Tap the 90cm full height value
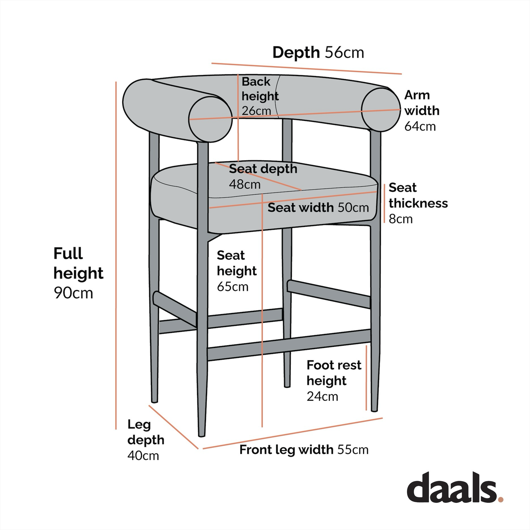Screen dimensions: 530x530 click(73, 293)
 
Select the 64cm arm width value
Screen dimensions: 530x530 click(420, 127)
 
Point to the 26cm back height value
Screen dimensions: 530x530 click(256, 111)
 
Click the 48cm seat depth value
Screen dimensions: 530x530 click(245, 184)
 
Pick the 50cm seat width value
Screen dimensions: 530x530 click(353, 208)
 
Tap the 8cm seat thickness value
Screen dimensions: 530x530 click(401, 219)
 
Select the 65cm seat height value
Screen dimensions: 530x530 click(233, 286)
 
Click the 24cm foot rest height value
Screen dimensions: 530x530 click(322, 396)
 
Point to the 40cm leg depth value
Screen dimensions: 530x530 click(143, 456)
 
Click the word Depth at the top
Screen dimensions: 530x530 click(296, 53)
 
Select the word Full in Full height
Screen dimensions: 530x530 click(68, 253)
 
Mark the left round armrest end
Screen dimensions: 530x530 click(211, 119)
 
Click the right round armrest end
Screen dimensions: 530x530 click(381, 109)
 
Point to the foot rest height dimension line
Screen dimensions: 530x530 click(366, 378)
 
